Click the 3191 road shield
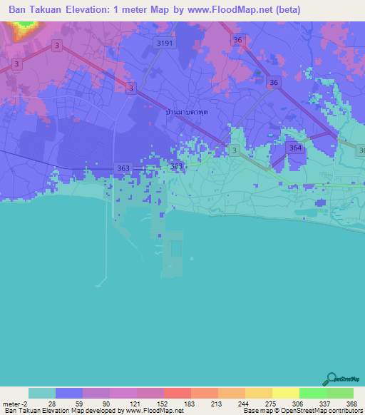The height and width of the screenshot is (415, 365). [165, 43]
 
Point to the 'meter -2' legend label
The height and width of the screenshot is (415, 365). [14, 404]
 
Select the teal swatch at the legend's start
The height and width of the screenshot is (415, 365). [42, 393]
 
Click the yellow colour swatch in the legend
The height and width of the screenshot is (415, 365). [285, 393]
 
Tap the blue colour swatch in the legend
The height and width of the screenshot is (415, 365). [69, 393]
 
